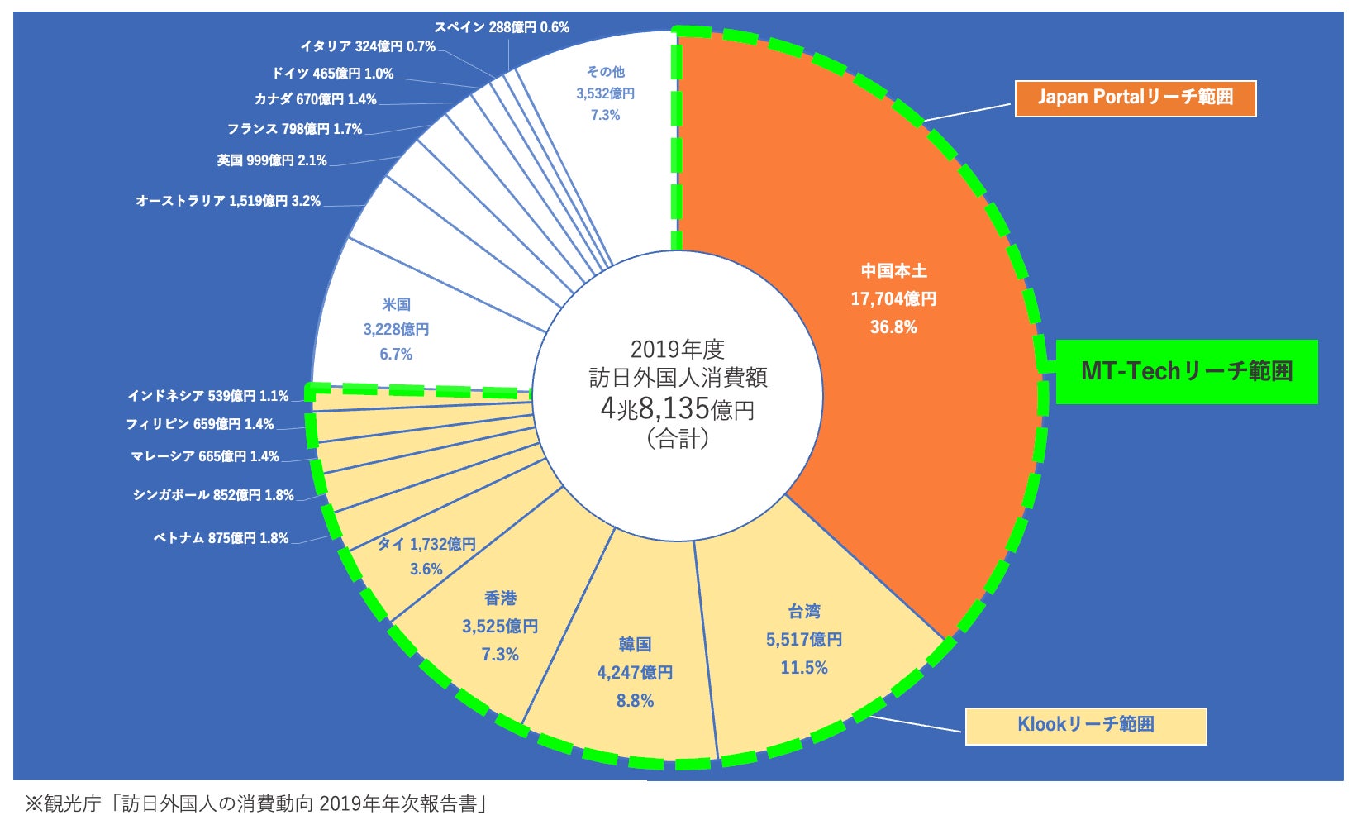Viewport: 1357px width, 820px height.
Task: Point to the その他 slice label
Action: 605,93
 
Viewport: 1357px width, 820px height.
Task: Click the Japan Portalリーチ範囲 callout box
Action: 1135,98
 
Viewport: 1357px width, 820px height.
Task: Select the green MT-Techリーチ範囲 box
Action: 1186,371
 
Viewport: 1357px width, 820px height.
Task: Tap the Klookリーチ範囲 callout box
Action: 1085,725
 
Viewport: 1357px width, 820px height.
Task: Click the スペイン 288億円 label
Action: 502,27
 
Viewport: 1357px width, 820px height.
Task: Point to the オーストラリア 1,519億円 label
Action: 228,201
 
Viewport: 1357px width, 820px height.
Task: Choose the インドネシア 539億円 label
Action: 207,396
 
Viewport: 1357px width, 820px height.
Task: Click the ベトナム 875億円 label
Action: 221,538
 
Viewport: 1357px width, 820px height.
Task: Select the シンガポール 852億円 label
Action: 213,495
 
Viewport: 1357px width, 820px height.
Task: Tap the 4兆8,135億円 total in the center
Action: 677,408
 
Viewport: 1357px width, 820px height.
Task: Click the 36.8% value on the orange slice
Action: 893,327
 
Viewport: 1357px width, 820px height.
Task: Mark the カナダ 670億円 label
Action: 315,99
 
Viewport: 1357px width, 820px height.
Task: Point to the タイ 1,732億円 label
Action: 426,545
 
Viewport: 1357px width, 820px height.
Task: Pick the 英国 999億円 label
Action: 272,160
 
